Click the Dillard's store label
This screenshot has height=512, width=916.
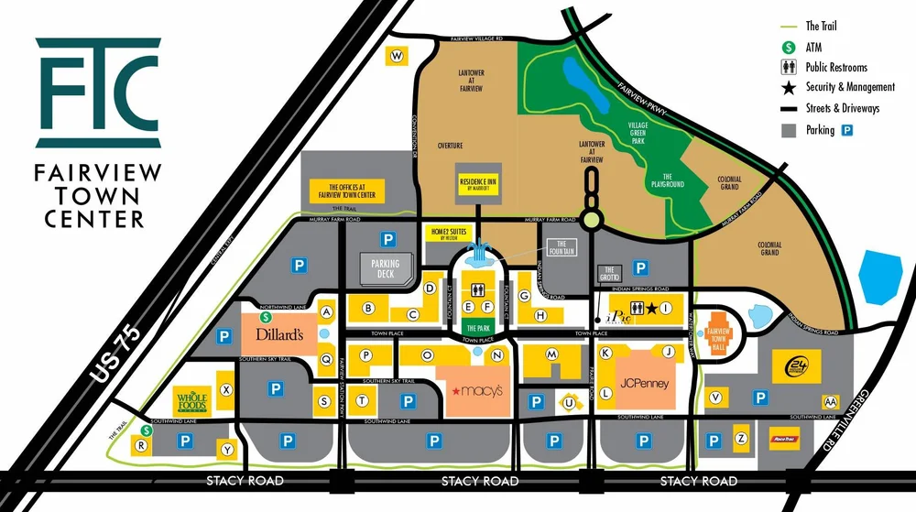(279, 334)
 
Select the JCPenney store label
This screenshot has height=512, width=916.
(643, 383)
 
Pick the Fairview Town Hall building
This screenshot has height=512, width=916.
(718, 331)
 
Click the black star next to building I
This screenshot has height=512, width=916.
(651, 309)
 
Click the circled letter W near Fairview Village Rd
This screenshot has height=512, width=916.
(397, 56)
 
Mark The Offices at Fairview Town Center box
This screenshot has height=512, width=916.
(346, 191)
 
